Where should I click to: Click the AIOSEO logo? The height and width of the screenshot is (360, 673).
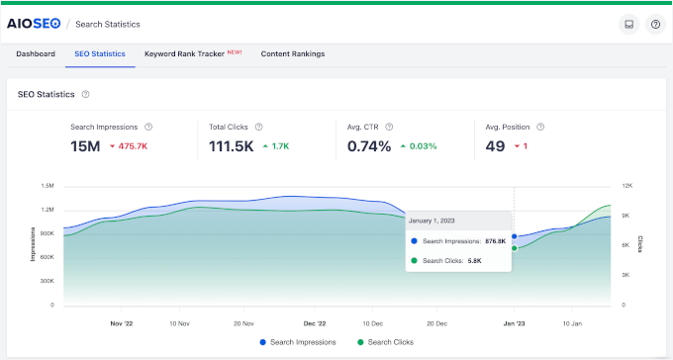[x=33, y=24]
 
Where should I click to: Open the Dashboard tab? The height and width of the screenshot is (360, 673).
[x=36, y=53]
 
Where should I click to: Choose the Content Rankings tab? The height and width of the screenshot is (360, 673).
[x=292, y=53]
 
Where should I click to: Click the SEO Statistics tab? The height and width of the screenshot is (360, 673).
[x=99, y=53]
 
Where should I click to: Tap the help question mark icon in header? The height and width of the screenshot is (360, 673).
[x=654, y=24]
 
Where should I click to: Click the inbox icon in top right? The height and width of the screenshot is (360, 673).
[x=627, y=24]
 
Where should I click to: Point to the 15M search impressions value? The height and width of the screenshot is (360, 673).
[x=84, y=146]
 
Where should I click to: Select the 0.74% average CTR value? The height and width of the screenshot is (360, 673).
[x=369, y=146]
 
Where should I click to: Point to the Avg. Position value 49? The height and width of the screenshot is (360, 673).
[x=496, y=146]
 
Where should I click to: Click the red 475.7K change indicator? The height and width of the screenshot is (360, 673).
[x=130, y=146]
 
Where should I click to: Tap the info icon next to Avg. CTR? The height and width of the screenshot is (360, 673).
[x=389, y=127]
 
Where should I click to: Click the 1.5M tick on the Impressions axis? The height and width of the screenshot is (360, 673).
[x=48, y=186]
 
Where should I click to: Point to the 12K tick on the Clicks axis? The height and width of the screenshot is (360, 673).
[x=626, y=186]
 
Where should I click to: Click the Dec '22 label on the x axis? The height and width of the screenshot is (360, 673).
[x=316, y=322]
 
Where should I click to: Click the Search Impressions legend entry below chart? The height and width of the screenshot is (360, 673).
[x=298, y=342]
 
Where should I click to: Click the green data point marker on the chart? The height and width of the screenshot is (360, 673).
[x=514, y=248]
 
